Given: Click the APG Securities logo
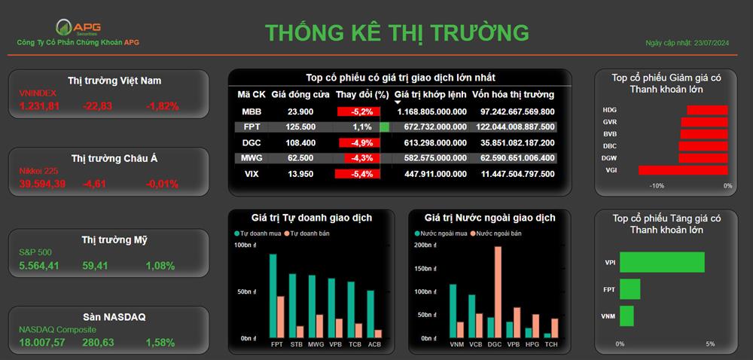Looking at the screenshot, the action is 78,27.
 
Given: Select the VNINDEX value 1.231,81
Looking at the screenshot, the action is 39,106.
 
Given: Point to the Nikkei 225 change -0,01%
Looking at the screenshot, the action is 163,184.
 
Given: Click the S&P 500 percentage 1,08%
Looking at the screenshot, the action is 160,265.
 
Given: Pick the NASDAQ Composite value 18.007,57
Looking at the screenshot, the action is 42,343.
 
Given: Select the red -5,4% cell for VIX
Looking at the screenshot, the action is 357,174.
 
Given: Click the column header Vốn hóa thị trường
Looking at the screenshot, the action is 513,95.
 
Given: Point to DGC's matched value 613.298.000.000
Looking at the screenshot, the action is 431,142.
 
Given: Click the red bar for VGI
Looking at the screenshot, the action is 683,170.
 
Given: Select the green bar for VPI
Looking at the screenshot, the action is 662,263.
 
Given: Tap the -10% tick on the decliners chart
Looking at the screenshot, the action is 657,186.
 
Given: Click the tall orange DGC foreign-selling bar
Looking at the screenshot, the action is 498,292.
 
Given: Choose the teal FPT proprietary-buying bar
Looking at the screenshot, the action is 273,296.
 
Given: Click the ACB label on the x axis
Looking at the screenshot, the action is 374,344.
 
